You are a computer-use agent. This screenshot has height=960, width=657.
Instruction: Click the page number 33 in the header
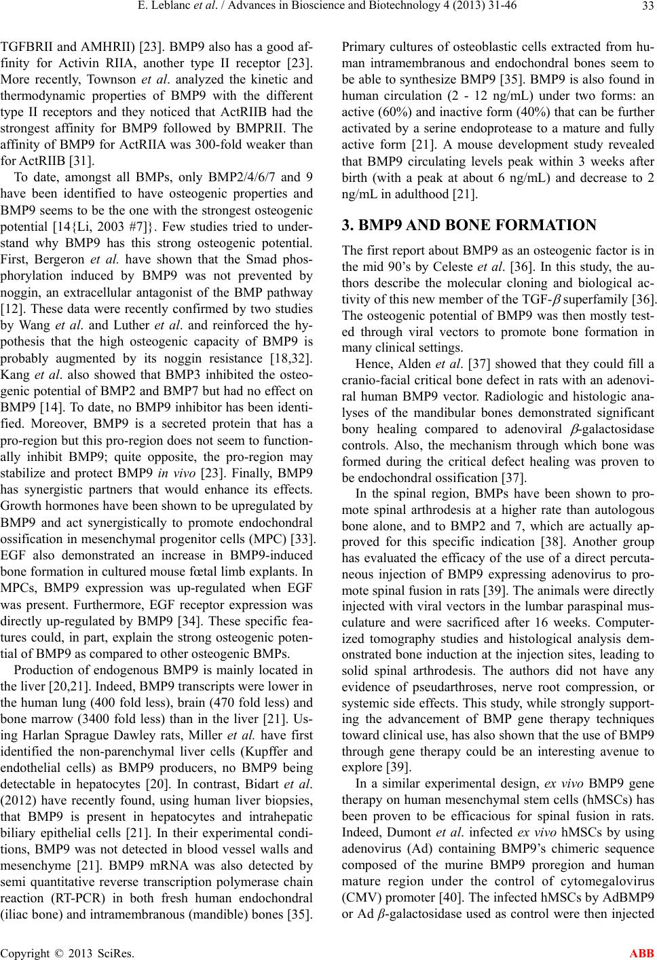643,8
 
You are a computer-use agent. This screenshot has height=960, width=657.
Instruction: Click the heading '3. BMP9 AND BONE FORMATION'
451,224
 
